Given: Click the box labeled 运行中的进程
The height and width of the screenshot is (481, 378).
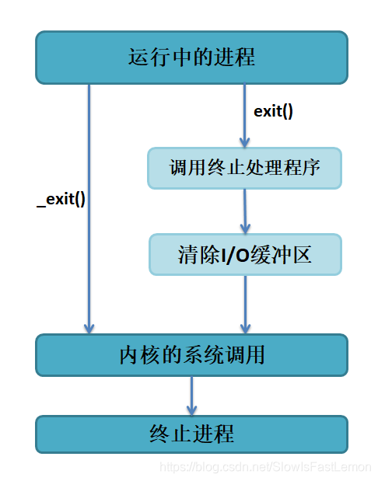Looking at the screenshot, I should pyautogui.click(x=191, y=58).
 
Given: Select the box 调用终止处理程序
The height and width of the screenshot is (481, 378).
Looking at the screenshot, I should pyautogui.click(x=245, y=168).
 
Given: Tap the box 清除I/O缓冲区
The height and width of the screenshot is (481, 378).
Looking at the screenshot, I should pyautogui.click(x=245, y=255).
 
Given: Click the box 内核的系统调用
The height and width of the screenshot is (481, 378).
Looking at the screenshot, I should pyautogui.click(x=191, y=355).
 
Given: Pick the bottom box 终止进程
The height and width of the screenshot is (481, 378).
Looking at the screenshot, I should pyautogui.click(x=191, y=434).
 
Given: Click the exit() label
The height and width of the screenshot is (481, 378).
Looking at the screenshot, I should pyautogui.click(x=274, y=111).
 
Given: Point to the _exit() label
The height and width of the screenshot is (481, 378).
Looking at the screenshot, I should pyautogui.click(x=61, y=198).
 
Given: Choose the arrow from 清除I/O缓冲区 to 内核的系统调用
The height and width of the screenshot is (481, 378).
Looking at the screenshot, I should pyautogui.click(x=246, y=304).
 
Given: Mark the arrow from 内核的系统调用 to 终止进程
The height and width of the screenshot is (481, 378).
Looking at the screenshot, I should pyautogui.click(x=191, y=396).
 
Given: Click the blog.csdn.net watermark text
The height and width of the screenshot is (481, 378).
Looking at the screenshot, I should pyautogui.click(x=264, y=466).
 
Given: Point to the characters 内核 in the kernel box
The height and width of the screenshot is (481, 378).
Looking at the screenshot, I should pyautogui.click(x=139, y=355).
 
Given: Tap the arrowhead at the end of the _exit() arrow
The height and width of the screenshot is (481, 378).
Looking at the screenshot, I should pyautogui.click(x=89, y=328).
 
